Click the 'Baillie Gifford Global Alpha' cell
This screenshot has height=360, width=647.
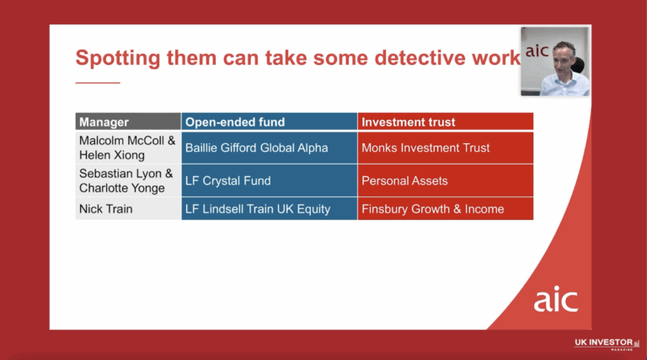point(256,148)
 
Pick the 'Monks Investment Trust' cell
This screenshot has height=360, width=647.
point(425,148)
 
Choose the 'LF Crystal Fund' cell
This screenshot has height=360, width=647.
point(227,180)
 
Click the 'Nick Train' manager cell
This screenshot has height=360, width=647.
point(106,208)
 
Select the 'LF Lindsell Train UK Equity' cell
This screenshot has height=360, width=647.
point(257,208)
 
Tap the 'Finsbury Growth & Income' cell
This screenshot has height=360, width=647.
point(432,208)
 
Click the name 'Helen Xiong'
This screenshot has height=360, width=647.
point(111,155)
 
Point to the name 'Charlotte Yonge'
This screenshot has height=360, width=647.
point(122,188)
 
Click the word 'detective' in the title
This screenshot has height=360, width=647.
point(380,58)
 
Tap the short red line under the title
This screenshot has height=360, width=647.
point(98,83)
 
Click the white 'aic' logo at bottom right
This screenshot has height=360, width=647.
point(555,299)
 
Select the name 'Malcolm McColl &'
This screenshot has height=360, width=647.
point(127,141)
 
